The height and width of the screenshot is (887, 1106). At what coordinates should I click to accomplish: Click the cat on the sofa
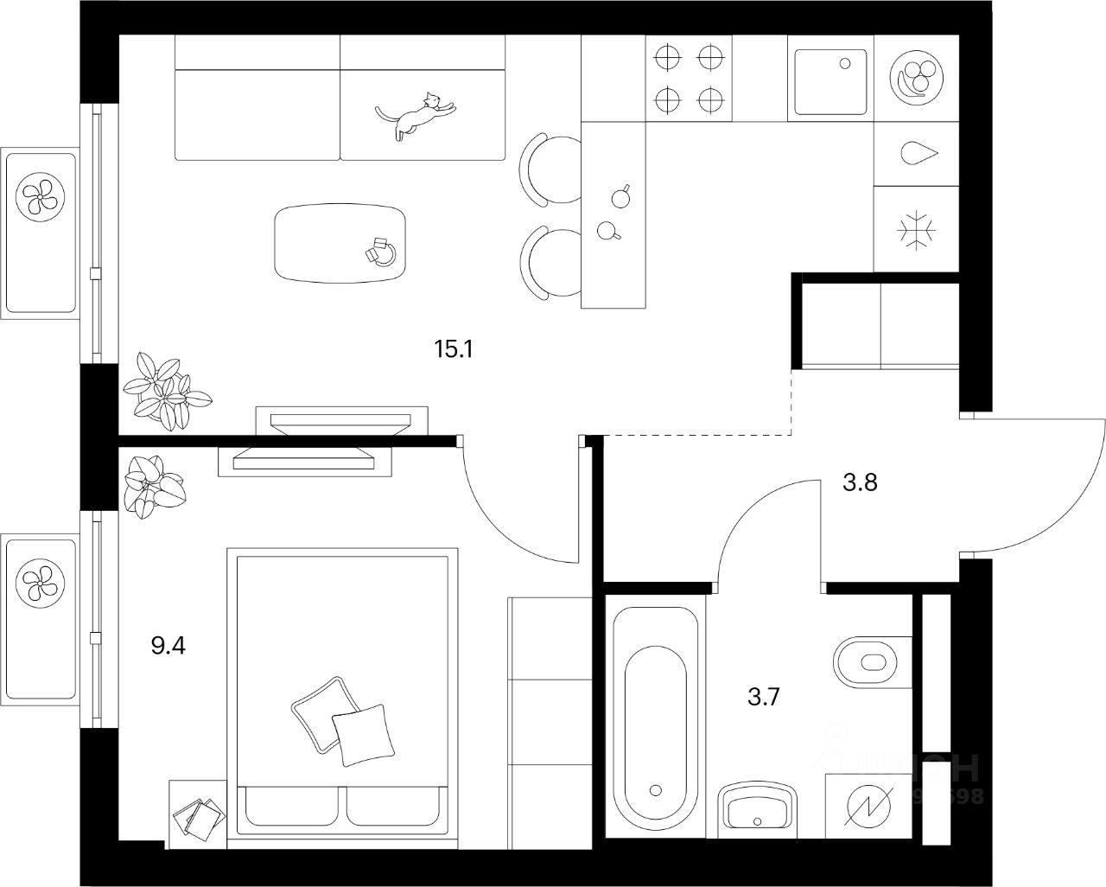[x=416, y=114]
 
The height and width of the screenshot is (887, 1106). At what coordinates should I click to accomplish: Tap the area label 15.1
[x=456, y=350]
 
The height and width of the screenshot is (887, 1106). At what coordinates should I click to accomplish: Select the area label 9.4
[x=168, y=645]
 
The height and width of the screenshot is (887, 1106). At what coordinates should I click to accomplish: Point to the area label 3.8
[x=861, y=482]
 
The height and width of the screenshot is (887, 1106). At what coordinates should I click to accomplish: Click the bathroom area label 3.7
[x=764, y=697]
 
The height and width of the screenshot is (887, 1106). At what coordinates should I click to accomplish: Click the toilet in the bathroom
[x=872, y=664]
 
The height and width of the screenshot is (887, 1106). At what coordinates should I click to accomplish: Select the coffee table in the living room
[x=340, y=243]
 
